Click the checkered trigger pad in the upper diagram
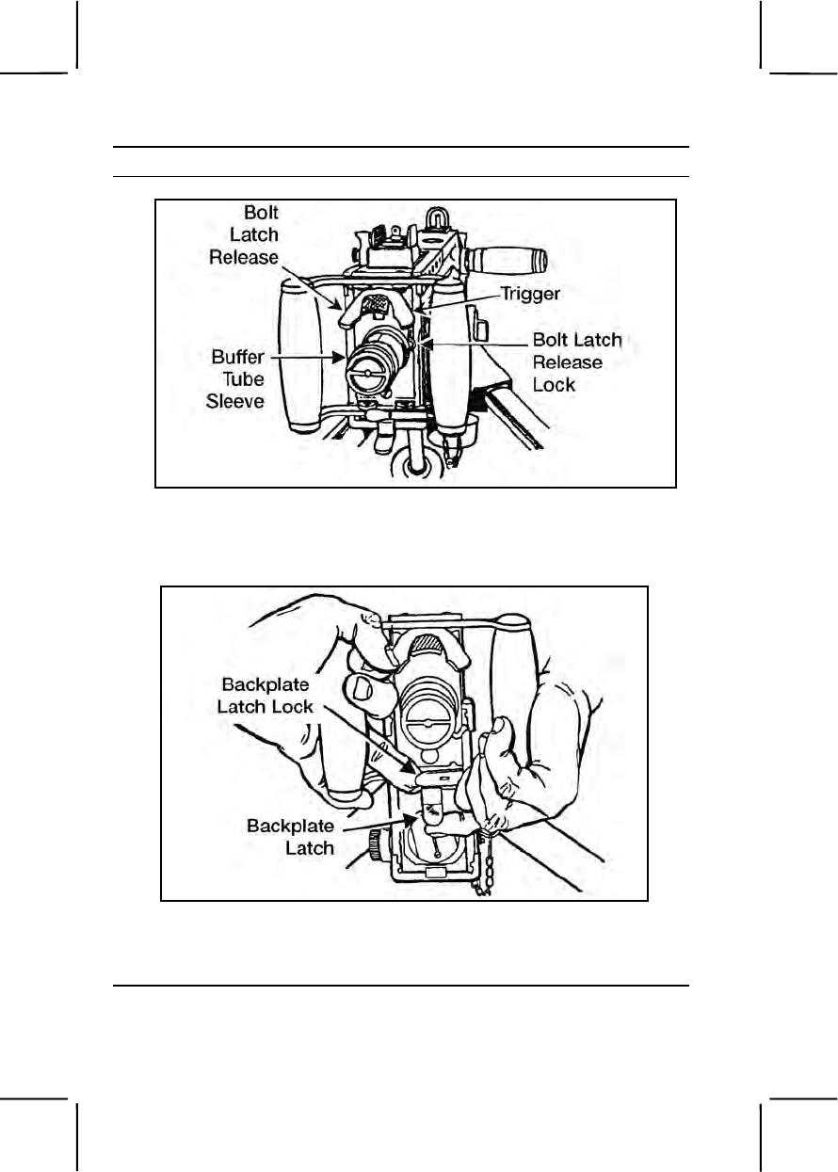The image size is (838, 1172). [377, 304]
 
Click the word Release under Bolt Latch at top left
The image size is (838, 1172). [245, 257]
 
